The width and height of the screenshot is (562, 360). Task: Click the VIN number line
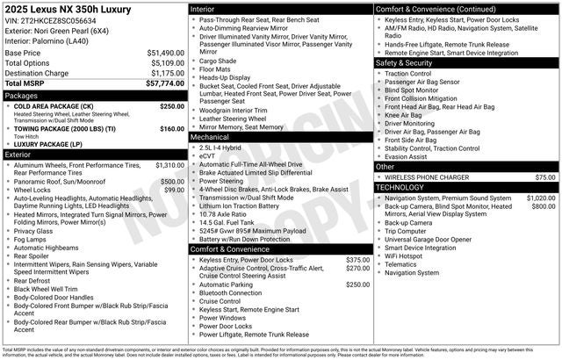point(51,20)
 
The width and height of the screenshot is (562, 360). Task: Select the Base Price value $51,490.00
point(165,53)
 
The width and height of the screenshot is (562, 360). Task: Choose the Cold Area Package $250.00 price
point(171,105)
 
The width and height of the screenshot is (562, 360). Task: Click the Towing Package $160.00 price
point(171,128)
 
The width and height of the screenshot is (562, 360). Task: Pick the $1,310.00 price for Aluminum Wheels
point(169,165)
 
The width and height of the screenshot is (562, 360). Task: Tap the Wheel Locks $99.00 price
point(173,190)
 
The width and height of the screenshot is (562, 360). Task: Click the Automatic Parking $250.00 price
point(357,284)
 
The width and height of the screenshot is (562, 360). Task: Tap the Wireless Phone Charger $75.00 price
point(545,177)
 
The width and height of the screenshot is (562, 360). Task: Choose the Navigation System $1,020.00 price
point(541,198)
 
